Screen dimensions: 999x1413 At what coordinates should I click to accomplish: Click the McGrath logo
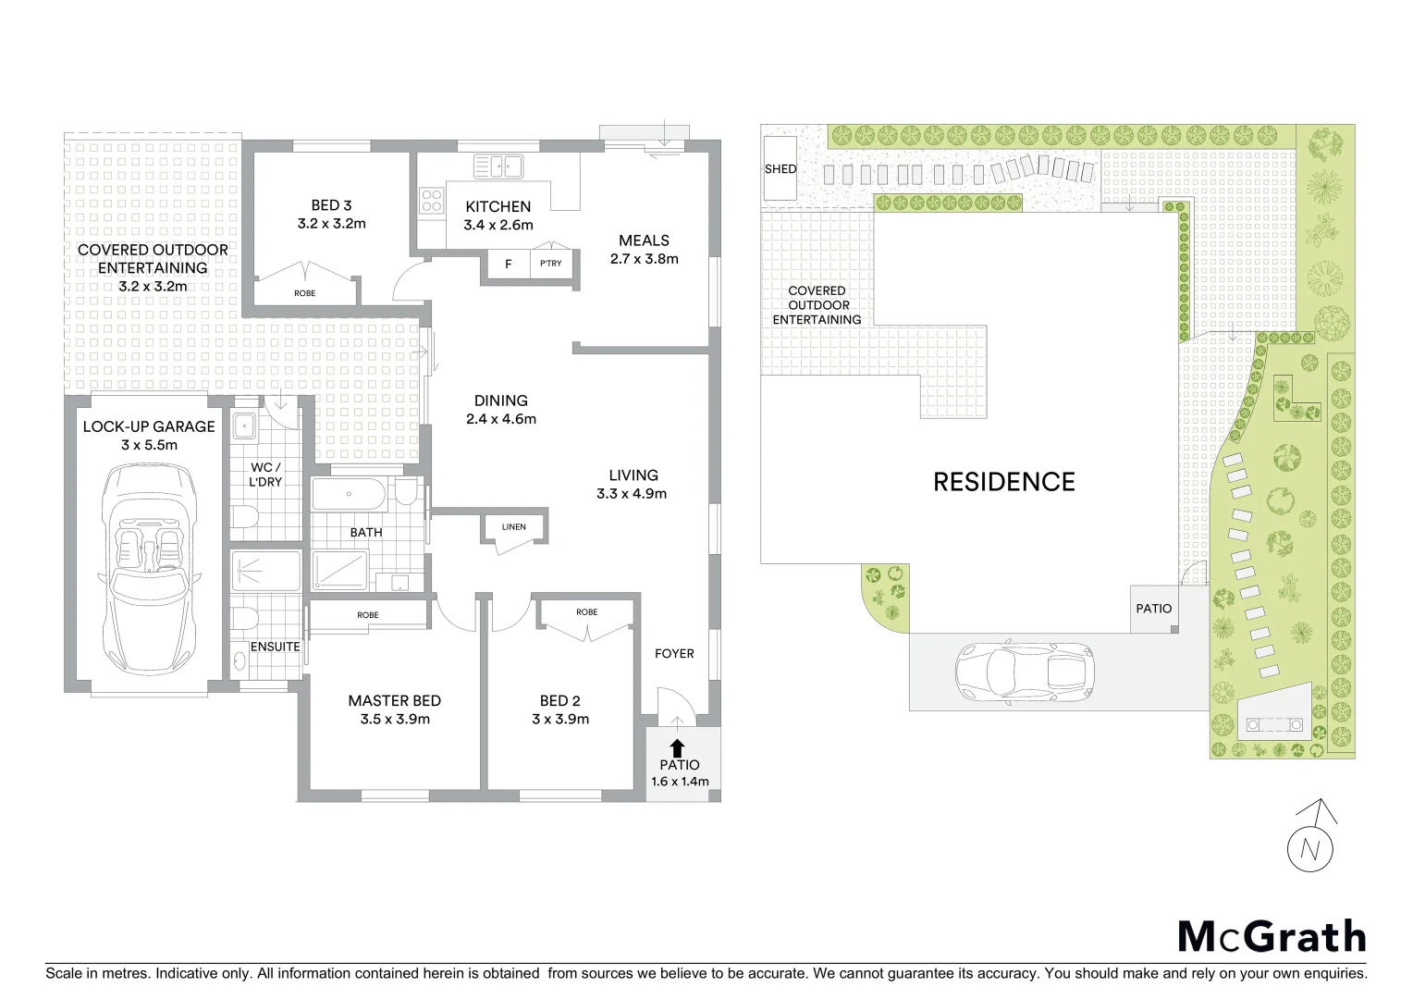pos(1272,936)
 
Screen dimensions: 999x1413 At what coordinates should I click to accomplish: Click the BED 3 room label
pos(331,205)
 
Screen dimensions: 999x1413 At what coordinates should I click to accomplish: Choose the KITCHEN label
pos(498,206)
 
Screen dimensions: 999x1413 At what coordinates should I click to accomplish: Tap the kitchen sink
pos(498,166)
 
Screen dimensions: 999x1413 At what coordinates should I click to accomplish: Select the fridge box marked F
pos(509,265)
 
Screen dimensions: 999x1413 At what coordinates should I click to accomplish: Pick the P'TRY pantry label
pos(550,265)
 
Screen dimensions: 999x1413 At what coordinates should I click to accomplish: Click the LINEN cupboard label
pos(514,527)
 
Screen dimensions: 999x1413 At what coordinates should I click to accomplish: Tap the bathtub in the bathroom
pos(349,494)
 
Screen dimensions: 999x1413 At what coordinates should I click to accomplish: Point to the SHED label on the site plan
pos(780,169)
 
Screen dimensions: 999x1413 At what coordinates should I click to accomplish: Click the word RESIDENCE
pos(1003,482)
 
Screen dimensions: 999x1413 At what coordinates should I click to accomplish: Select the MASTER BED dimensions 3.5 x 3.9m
pos(395,719)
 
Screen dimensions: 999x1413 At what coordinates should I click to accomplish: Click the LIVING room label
pos(633,475)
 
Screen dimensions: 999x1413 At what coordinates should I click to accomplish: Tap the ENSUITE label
pos(275,647)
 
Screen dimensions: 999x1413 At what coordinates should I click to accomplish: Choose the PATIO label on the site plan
pos(1153,609)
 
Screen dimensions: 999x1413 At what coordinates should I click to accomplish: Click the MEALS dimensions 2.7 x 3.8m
pos(644,259)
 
